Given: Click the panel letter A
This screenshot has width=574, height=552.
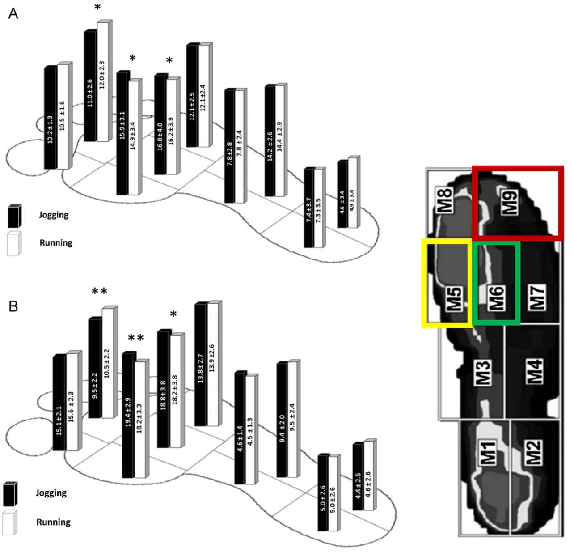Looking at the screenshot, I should coord(13,14).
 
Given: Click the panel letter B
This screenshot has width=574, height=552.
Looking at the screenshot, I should coord(13,306).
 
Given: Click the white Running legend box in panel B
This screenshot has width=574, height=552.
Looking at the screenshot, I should coord(9,522).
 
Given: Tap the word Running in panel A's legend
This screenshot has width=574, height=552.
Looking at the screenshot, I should coord(56,243).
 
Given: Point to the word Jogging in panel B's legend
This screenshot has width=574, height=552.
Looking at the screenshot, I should coord(51,493).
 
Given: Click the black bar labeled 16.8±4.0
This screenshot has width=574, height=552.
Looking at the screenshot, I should coord(160,125).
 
